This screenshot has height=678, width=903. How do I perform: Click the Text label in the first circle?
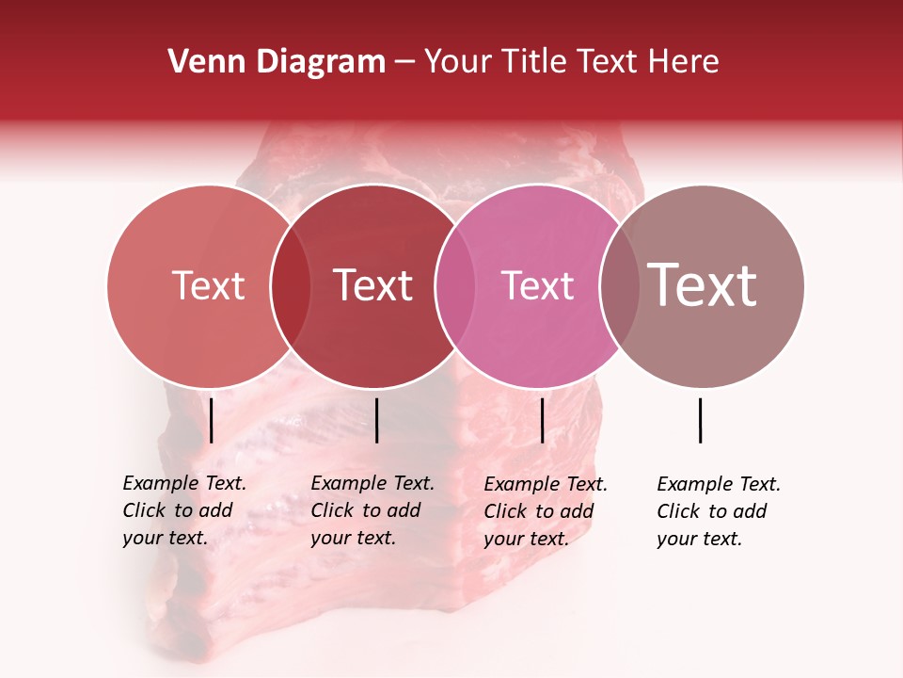click(208, 285)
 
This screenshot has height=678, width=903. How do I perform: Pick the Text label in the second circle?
click(373, 285)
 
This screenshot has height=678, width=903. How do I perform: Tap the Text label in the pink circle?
click(537, 285)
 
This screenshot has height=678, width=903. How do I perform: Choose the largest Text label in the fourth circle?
click(703, 285)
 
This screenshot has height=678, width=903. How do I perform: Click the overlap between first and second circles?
click(291, 285)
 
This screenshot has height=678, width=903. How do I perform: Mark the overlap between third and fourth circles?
click(618, 285)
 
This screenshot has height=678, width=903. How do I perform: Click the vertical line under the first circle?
click(212, 420)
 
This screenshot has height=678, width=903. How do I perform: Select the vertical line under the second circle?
click(376, 420)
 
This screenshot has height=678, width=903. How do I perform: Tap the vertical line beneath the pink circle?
click(542, 420)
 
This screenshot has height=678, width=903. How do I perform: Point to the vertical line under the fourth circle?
click(701, 420)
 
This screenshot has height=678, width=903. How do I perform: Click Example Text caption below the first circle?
click(184, 510)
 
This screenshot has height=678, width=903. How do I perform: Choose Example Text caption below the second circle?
click(372, 510)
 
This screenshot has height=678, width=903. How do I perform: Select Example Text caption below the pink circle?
click(546, 511)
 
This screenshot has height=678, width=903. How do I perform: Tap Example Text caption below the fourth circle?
click(719, 511)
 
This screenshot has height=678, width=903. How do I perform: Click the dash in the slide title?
click(404, 62)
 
